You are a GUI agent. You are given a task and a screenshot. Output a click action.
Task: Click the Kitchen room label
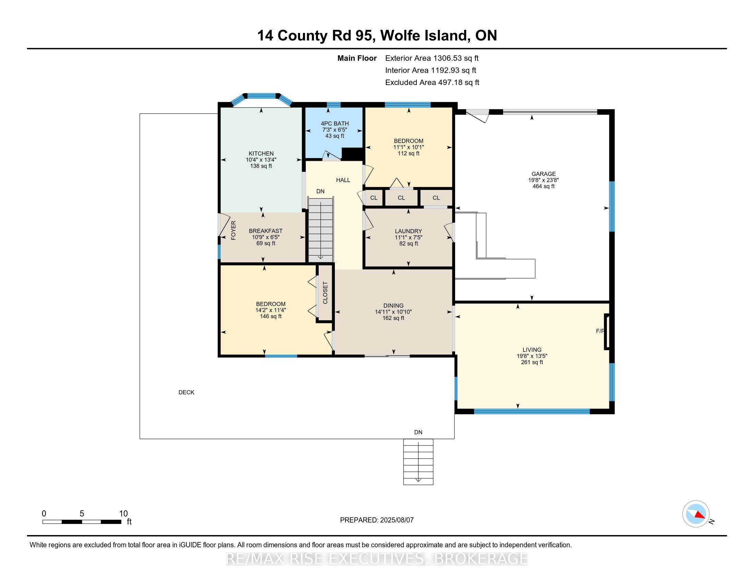coord(261,154)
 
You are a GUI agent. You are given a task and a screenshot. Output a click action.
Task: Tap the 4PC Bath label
coord(335,124)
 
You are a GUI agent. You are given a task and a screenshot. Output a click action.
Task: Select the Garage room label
coord(544,174)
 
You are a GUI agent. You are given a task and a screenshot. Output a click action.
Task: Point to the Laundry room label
coord(409,231)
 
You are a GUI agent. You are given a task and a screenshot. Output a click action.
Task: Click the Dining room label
coord(393,306)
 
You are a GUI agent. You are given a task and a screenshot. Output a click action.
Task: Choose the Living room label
coord(532,350)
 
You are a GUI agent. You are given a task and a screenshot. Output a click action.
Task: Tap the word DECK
coord(186,392)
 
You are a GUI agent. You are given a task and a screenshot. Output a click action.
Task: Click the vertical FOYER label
coord(233,230)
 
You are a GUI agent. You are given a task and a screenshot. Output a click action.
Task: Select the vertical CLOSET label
coord(325,293)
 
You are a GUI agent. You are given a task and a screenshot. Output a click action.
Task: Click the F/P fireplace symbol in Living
coord(607,332)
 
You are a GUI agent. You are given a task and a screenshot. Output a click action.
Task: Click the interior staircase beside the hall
coord(321,229)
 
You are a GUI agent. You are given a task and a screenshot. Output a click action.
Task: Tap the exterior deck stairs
coord(418,462)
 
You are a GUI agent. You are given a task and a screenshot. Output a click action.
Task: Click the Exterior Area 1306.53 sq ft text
coord(432,58)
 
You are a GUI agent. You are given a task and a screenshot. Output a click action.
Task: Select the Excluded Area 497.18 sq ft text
coord(432,83)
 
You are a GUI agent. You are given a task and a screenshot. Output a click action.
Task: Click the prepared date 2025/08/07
coord(396,520)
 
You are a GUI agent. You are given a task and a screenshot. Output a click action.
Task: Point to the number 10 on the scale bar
coord(123,514)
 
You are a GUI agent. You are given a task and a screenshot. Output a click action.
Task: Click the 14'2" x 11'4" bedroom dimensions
coord(271,310)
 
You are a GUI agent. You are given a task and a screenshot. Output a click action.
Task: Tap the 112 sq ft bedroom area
coord(409,153)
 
